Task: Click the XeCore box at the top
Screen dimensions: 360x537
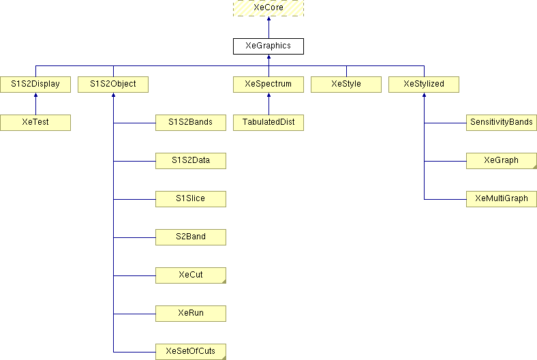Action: pos(268,7)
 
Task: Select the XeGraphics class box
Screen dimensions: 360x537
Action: pos(268,46)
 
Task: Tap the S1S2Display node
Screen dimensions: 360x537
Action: pos(35,85)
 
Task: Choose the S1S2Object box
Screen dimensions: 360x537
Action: pos(113,85)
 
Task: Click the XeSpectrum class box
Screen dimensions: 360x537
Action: pos(268,85)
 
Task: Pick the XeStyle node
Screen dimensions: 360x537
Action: pos(346,85)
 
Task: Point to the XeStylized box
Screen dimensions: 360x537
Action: pos(424,85)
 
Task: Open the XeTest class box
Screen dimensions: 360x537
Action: pos(35,123)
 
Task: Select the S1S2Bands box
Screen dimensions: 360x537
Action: pos(191,123)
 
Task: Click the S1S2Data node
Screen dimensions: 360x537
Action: pos(191,161)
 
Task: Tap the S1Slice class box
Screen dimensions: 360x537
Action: pos(191,199)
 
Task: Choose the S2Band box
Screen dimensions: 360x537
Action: pos(191,237)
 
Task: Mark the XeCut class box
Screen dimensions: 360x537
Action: pos(191,275)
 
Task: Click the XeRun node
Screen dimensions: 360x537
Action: pos(191,314)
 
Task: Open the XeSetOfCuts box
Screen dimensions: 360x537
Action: pos(191,352)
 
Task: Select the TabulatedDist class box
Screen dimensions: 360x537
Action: pos(268,123)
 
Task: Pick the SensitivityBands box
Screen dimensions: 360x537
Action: pos(502,123)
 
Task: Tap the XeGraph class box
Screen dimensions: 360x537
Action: pos(502,161)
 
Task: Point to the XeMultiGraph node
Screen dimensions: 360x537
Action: pos(502,199)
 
